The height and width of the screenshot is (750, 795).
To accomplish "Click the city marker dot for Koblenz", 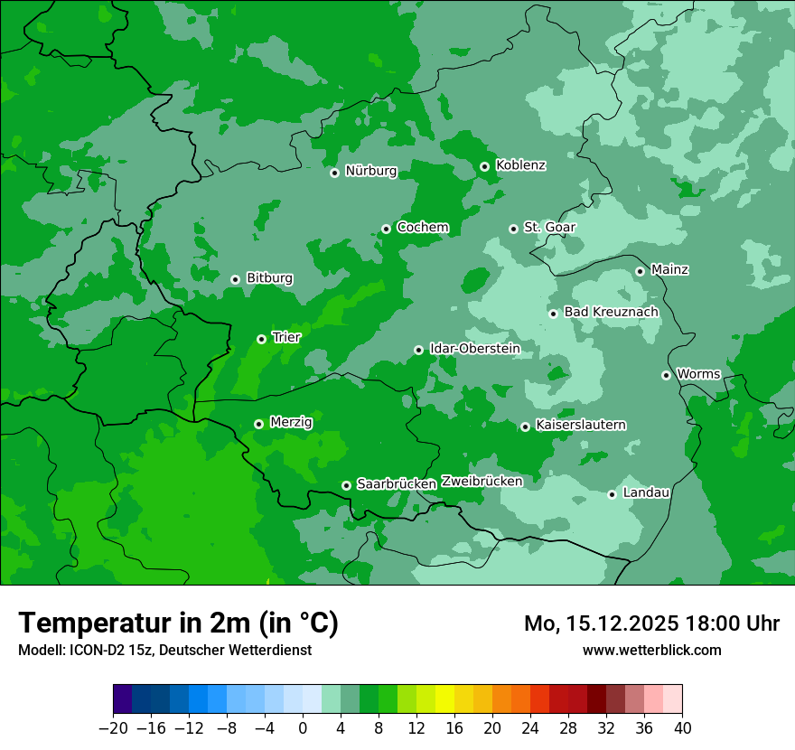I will [485, 166].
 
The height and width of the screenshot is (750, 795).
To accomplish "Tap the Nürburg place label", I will [371, 171].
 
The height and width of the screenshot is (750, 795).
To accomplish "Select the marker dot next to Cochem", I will [386, 229].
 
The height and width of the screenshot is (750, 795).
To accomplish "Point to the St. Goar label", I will [549, 228].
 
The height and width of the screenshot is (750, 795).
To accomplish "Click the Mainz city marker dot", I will [640, 271].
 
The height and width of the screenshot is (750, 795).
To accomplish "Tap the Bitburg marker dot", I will [235, 279].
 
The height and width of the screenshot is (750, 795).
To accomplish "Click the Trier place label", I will [286, 337].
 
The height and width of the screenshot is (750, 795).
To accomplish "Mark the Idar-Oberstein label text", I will [474, 349].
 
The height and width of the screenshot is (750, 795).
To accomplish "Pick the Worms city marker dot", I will [666, 375].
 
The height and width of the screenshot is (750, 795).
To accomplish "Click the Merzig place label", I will [291, 422].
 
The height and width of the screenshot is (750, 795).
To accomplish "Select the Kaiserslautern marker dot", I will [525, 427].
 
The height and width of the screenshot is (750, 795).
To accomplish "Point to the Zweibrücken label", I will [482, 482].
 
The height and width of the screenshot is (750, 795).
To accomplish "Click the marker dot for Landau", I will [612, 494].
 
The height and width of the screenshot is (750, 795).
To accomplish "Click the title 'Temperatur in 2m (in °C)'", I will [178, 623].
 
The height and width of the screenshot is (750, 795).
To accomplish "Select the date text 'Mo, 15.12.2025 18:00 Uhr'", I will [651, 623].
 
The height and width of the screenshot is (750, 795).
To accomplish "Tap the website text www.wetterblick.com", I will [651, 650].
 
